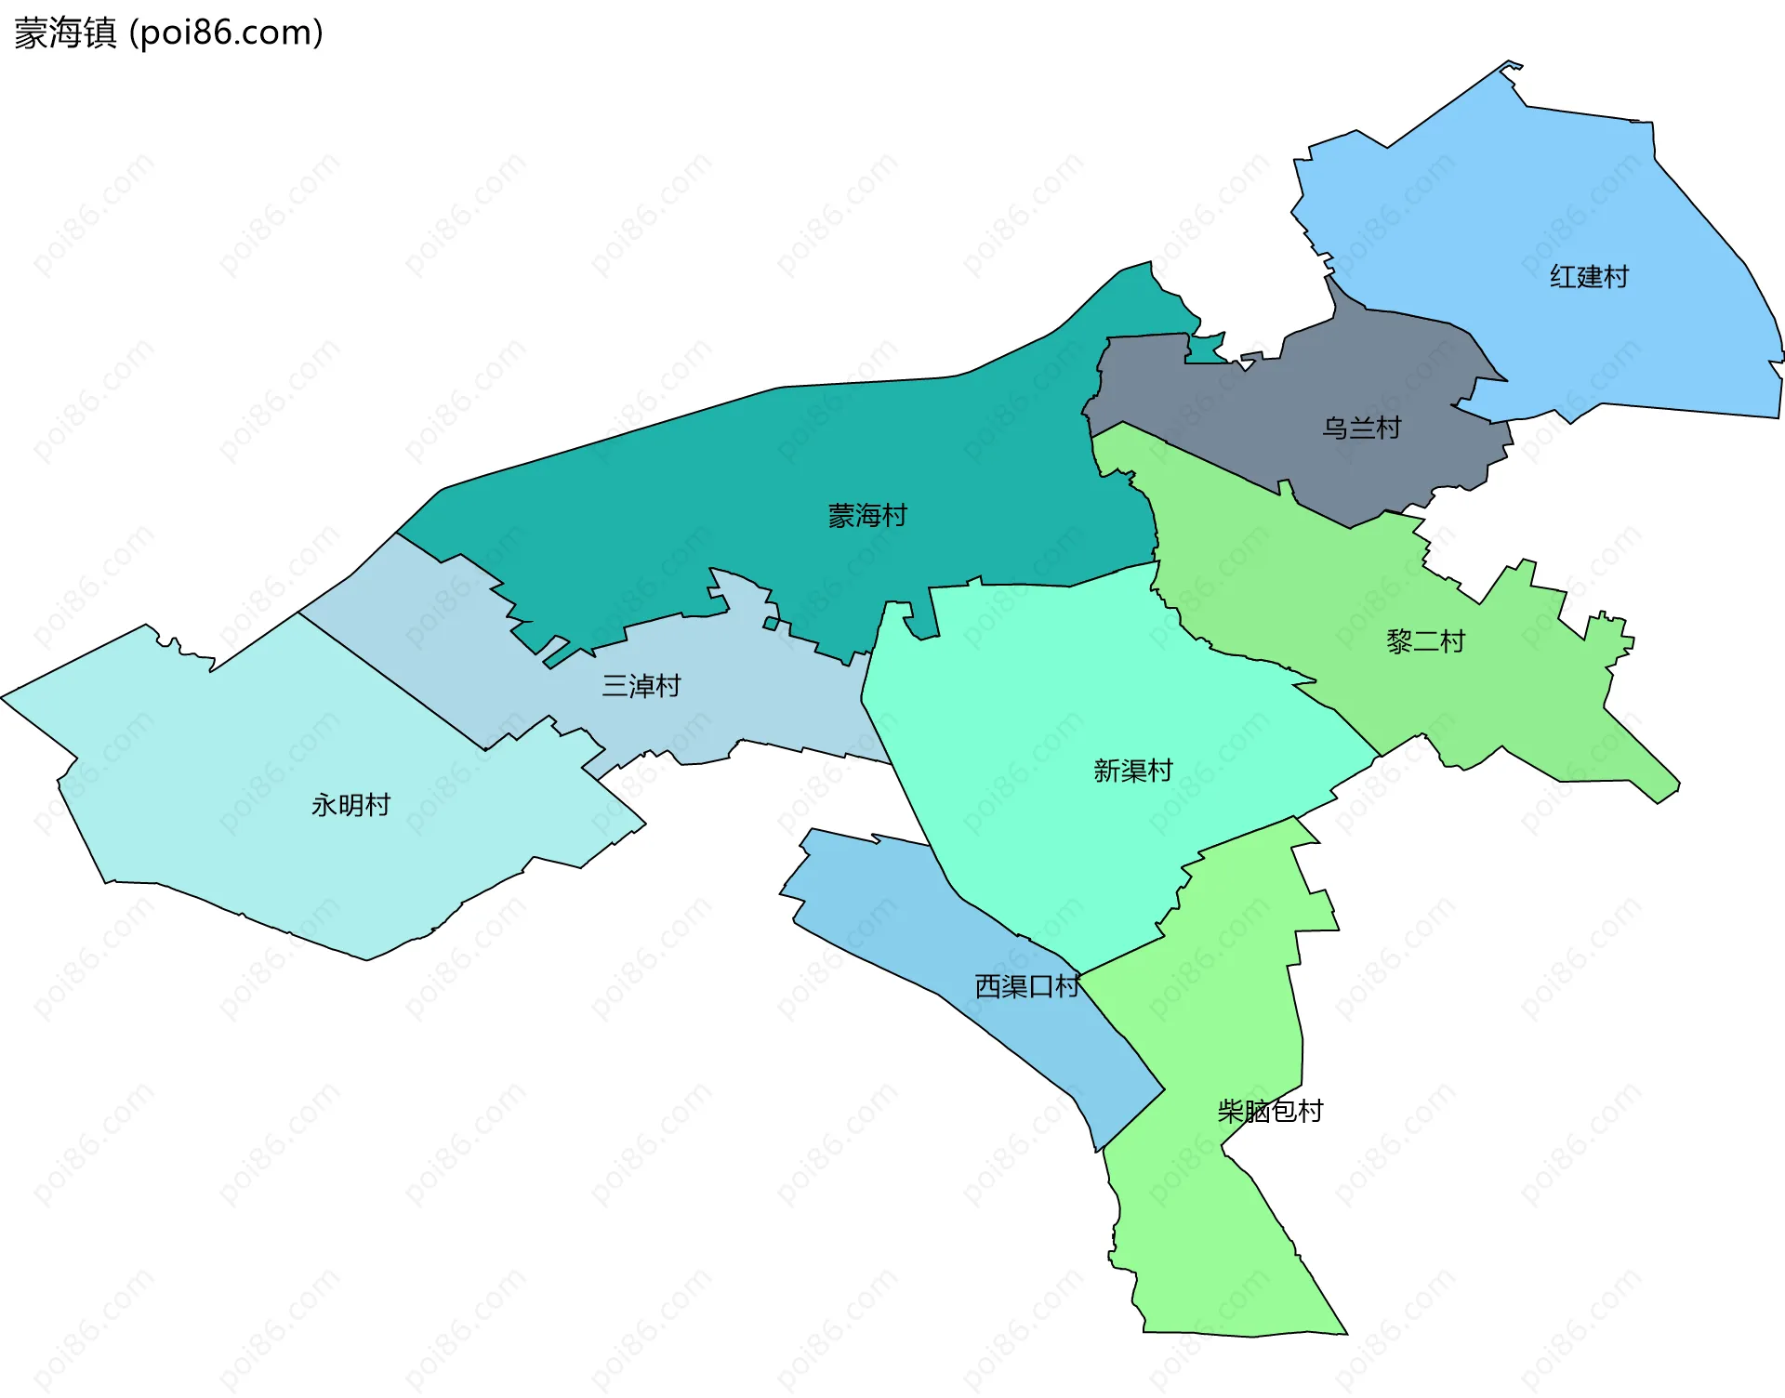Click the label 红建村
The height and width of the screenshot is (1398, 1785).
[1589, 277]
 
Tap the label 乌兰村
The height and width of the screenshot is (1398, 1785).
[1362, 429]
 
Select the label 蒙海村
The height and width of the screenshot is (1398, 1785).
[867, 516]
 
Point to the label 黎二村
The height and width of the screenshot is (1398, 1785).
[1425, 641]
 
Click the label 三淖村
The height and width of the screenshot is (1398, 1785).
[641, 686]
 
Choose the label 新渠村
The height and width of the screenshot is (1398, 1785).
[1132, 771]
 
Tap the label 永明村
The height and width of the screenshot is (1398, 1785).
[350, 805]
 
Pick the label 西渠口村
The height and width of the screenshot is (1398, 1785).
[1026, 986]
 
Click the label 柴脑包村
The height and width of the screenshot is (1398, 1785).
[1270, 1111]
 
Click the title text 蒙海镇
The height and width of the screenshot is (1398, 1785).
[65, 33]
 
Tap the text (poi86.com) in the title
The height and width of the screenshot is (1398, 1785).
[226, 33]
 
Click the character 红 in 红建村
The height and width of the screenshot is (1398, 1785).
[1563, 277]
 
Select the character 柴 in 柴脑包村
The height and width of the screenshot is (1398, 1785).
[1231, 1111]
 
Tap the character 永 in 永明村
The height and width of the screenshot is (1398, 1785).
[324, 805]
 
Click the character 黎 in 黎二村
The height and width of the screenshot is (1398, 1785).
[1399, 641]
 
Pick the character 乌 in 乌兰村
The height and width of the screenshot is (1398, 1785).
[1336, 429]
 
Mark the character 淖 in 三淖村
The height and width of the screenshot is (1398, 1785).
[641, 686]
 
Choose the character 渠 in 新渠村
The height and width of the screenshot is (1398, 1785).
[1132, 771]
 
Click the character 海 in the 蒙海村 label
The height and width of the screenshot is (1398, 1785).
[867, 516]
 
